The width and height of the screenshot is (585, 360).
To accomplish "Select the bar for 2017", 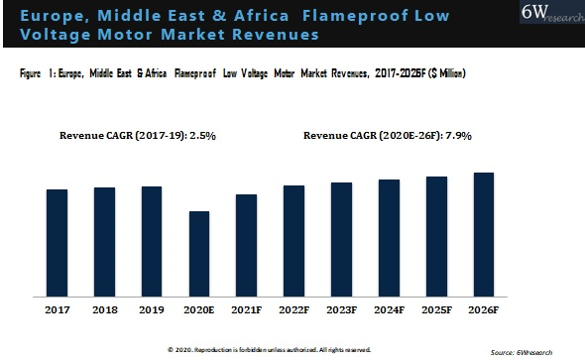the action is point(58,243).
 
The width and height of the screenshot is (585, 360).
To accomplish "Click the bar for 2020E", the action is point(199,254).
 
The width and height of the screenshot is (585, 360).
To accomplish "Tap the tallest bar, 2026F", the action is point(484,235).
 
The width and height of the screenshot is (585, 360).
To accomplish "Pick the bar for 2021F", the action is point(246,246).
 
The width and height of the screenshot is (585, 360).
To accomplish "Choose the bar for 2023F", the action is point(341,239).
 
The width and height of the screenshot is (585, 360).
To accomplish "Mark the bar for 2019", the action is point(152,241).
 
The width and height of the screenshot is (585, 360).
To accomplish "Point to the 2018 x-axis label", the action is point(105,310).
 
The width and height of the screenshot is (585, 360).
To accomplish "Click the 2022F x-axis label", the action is point(294,310).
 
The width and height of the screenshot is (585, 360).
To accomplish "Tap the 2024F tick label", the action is point(389,310).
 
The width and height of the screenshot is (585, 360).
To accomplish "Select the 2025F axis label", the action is point(437,310).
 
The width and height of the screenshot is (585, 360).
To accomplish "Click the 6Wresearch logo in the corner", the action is point(552,12).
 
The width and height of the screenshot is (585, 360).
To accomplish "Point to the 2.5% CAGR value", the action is point(202,136).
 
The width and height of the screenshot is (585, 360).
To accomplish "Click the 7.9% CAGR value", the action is point(458,136).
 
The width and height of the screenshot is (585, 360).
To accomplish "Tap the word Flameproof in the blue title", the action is point(356,16).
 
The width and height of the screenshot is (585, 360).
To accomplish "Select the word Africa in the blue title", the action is point(261,16).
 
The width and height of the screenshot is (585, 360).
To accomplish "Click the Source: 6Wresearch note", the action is point(522,352).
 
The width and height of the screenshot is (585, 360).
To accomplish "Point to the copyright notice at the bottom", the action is point(269,350).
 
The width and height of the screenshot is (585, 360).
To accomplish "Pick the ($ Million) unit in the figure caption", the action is point(447,72).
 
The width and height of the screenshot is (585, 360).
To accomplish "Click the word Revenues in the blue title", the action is point(276,35).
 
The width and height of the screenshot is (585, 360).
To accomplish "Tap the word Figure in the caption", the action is point(30,73).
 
